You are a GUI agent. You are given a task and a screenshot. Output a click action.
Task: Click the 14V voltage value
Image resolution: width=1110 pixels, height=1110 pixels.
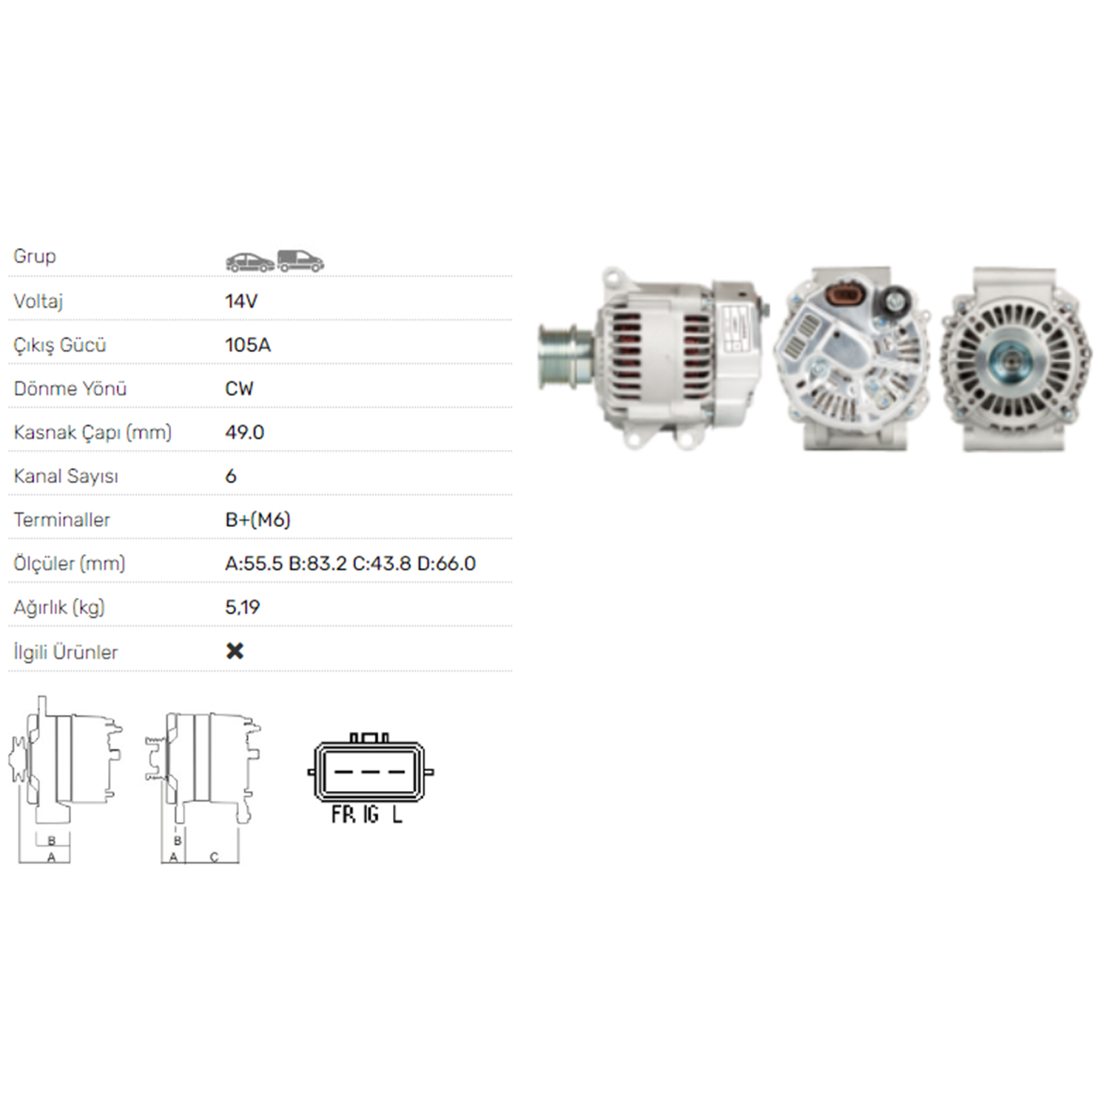(x=241, y=301)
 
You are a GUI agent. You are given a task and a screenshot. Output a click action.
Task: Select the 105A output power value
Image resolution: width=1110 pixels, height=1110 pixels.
(x=248, y=345)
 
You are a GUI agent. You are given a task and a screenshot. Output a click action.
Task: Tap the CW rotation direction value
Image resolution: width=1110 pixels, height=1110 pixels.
(x=239, y=388)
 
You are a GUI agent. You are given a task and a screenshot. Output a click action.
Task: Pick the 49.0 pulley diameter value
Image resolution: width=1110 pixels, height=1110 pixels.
(x=244, y=432)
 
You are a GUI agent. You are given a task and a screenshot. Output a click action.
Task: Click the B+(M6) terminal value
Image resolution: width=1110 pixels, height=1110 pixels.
(x=258, y=519)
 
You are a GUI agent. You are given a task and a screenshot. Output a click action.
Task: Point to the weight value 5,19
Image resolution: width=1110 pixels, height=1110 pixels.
(x=242, y=608)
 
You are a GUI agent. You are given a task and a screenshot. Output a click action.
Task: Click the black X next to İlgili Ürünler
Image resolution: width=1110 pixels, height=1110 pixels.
(x=235, y=650)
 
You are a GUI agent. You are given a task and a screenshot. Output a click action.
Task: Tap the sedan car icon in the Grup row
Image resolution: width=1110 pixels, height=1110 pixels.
(x=249, y=262)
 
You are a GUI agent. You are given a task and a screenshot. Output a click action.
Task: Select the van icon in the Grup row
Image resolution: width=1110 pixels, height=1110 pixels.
(x=300, y=260)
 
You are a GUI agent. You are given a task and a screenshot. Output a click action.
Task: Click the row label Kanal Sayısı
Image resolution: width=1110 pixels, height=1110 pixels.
(x=66, y=476)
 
